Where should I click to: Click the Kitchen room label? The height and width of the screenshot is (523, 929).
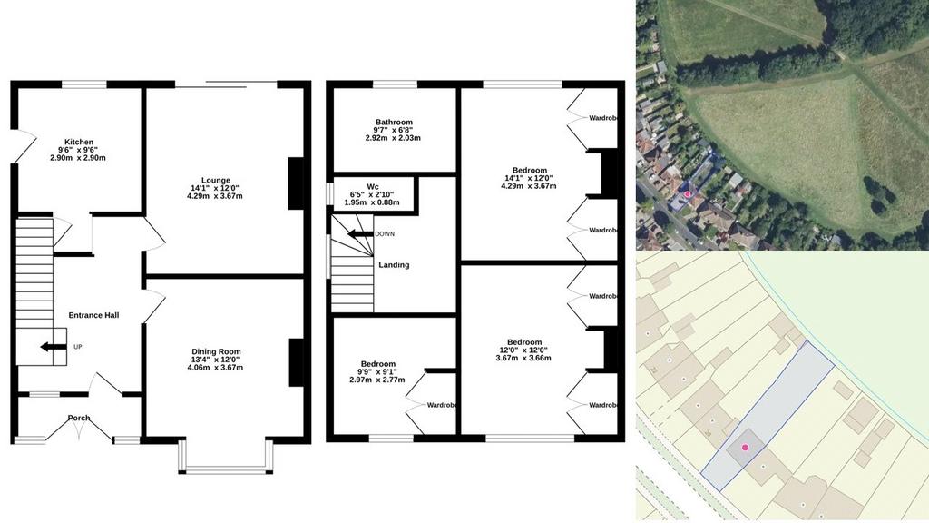point(79,142)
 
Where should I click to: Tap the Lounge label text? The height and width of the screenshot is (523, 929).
point(216,181)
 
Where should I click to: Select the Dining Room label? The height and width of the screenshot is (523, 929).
point(216,351)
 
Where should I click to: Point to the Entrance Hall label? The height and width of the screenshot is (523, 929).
point(93,315)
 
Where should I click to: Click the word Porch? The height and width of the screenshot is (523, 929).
point(79,418)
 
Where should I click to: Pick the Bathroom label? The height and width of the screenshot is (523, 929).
point(394,123)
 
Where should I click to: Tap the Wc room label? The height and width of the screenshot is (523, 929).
point(373,186)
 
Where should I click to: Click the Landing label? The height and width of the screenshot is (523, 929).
point(394,264)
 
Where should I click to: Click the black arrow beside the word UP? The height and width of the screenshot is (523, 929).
point(53,347)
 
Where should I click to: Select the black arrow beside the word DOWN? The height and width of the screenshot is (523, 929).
point(359,233)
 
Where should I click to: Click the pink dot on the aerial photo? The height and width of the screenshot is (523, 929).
point(688,194)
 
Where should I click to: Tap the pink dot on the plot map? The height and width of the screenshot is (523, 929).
point(746,447)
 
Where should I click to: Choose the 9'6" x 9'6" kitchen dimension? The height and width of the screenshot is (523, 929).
point(78,150)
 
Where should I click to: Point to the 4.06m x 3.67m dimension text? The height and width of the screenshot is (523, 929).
point(216,367)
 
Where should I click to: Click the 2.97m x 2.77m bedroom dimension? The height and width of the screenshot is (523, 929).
point(377,380)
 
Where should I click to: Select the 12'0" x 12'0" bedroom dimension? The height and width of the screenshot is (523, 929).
point(523,350)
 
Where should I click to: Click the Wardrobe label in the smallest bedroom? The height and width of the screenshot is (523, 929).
point(442,405)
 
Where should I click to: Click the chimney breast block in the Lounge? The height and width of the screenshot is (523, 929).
point(296,183)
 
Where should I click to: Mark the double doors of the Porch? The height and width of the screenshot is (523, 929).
point(79,429)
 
